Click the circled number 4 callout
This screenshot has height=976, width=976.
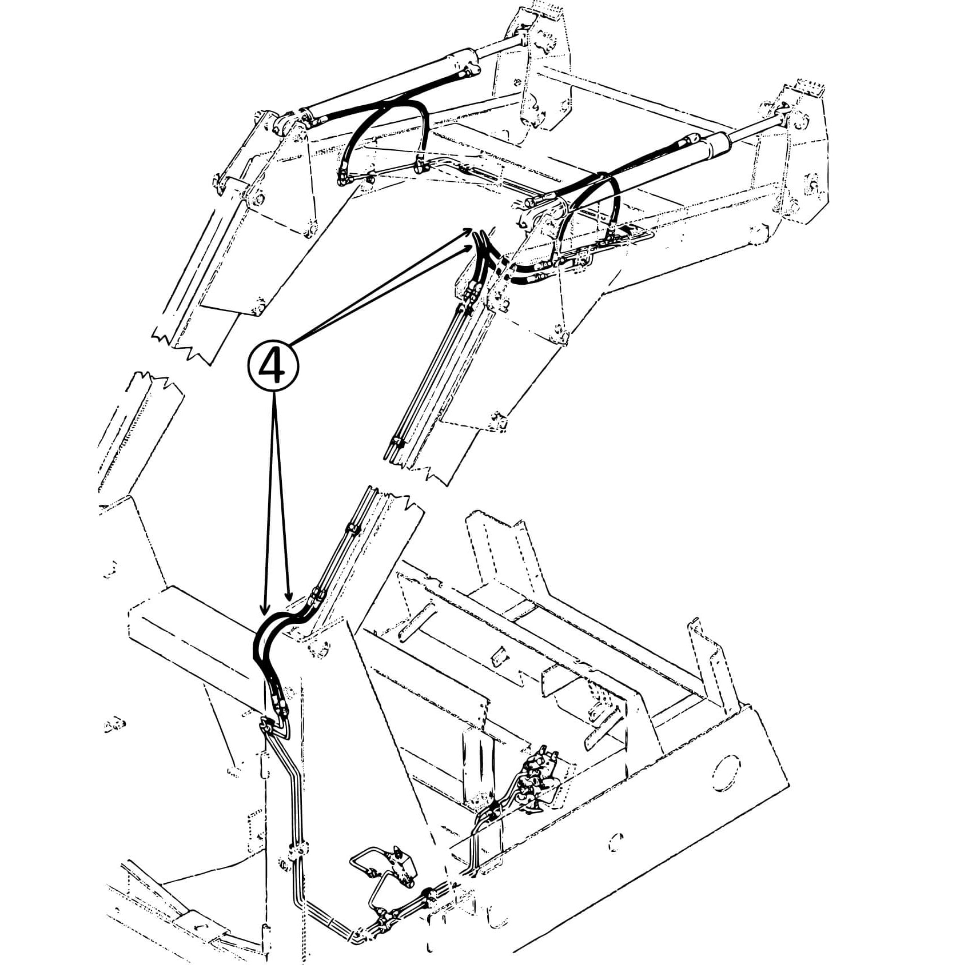point(273,367)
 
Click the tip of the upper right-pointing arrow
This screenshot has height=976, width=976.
point(471,229)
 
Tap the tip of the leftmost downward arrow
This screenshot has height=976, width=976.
point(264,614)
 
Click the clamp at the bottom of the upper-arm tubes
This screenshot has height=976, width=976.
point(396,442)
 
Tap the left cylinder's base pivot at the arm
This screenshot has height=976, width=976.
point(284,124)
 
